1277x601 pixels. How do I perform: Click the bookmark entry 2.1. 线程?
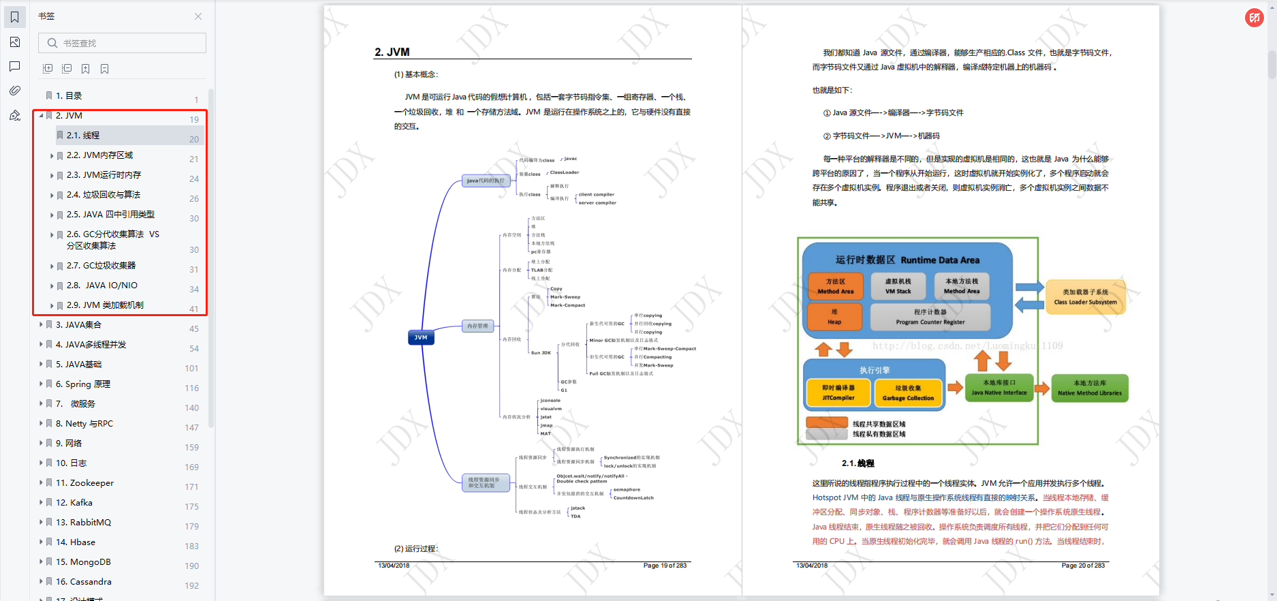pyautogui.click(x=83, y=136)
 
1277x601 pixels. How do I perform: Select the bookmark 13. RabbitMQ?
pyautogui.click(x=83, y=523)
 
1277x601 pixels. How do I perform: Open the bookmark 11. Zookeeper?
pyautogui.click(x=84, y=483)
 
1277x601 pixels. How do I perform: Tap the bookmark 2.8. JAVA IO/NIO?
pyautogui.click(x=102, y=286)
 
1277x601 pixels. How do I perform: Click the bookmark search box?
pyautogui.click(x=123, y=43)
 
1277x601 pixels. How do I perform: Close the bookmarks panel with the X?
pyautogui.click(x=198, y=16)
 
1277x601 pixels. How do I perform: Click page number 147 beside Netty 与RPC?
pyautogui.click(x=191, y=428)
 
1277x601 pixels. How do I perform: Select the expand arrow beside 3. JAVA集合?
pyautogui.click(x=41, y=325)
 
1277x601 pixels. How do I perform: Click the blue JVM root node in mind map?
pyautogui.click(x=421, y=337)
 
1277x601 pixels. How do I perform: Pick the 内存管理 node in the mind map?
pyautogui.click(x=477, y=326)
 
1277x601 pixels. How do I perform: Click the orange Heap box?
pyautogui.click(x=834, y=317)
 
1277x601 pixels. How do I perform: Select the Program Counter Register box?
pyautogui.click(x=930, y=317)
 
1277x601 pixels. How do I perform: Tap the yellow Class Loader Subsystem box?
pyautogui.click(x=1085, y=297)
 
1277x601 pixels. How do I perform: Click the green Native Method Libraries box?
pyautogui.click(x=1089, y=388)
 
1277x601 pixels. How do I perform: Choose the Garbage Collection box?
pyautogui.click(x=908, y=393)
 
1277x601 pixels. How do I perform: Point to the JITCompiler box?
pyautogui.click(x=838, y=393)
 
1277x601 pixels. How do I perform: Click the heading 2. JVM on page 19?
pyautogui.click(x=392, y=52)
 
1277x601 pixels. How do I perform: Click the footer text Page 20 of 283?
pyautogui.click(x=1083, y=566)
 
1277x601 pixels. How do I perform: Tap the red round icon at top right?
pyautogui.click(x=1254, y=18)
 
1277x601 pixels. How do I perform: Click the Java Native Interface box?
pyautogui.click(x=998, y=388)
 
